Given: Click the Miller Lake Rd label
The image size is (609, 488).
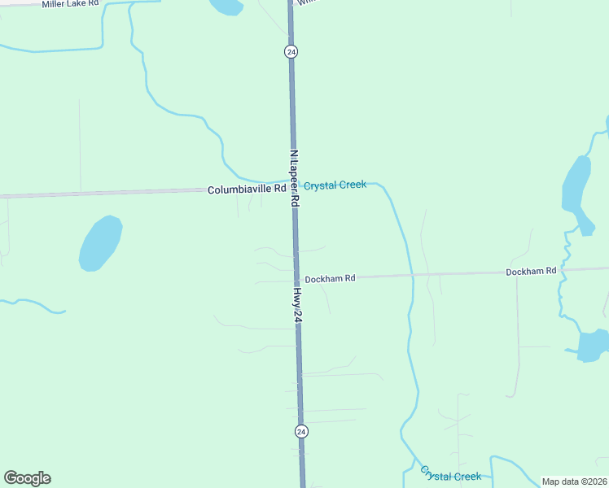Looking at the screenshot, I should coord(70,4).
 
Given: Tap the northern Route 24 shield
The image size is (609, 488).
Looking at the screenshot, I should coord(291,51).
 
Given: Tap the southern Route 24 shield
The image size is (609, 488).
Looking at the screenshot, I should coord(301,430).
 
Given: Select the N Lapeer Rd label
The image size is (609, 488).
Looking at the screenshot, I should coord(294,177).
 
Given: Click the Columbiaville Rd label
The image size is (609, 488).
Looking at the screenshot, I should coord(246,189).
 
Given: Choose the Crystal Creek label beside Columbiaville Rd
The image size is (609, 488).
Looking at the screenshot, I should coord(335,185).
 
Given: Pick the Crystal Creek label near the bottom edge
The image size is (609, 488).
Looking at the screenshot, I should coord(450,475).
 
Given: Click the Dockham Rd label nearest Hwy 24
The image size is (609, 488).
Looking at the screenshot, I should coord(330,278).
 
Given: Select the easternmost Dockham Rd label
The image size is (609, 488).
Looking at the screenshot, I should coord(530,271).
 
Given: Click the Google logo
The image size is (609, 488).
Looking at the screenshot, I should coord(27,478).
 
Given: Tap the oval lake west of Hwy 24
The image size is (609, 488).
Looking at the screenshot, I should coord(100,242).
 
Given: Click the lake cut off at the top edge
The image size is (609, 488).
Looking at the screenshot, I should coord(226,7).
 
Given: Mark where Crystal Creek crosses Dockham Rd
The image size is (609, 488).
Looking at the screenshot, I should coord(412,276).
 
